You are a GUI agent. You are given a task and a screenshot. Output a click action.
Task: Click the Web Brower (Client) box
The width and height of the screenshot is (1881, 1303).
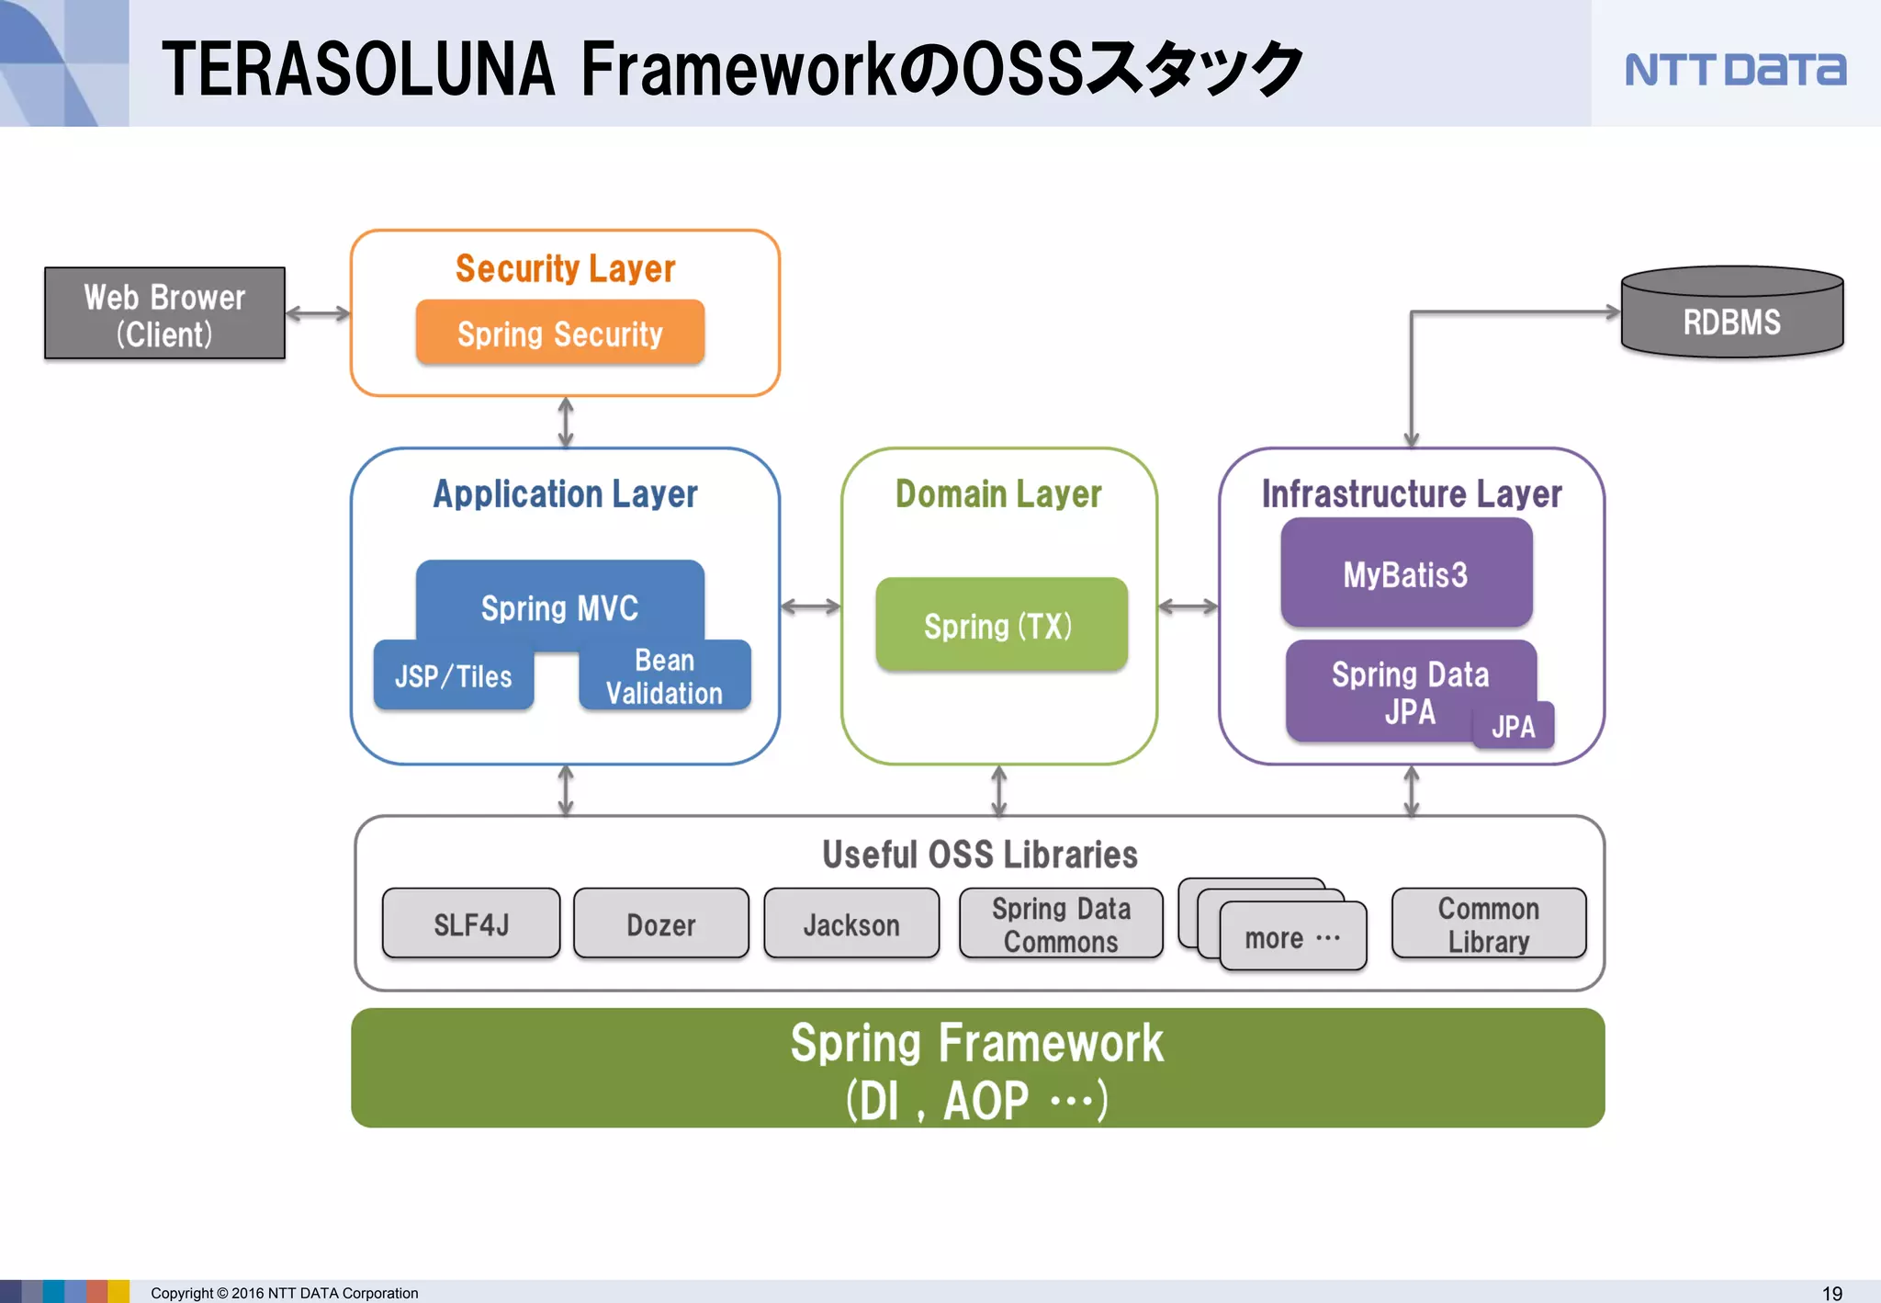(164, 313)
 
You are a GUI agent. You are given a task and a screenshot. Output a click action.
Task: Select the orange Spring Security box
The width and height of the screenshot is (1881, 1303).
(560, 333)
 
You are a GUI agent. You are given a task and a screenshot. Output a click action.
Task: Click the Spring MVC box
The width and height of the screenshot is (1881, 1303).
(560, 602)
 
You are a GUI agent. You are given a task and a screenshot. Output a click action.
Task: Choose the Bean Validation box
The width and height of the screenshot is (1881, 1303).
(665, 677)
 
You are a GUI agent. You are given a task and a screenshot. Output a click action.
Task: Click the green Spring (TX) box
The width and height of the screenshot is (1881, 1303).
(1000, 625)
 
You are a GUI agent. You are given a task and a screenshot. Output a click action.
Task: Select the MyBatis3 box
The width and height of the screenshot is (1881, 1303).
(1406, 573)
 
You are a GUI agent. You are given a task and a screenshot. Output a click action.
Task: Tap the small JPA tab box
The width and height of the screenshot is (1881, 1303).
(1514, 727)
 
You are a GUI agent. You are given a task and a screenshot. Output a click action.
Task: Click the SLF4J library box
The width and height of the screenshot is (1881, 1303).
(471, 923)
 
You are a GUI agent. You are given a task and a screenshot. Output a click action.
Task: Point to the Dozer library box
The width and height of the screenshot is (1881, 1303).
(661, 923)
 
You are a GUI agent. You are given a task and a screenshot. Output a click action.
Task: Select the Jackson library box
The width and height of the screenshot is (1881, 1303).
(851, 923)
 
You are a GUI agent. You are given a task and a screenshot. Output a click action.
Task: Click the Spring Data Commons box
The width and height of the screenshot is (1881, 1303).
(1061, 923)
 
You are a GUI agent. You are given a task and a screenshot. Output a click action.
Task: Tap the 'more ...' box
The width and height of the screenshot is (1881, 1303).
(1292, 938)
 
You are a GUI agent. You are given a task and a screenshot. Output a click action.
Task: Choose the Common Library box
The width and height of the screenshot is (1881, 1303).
(1489, 923)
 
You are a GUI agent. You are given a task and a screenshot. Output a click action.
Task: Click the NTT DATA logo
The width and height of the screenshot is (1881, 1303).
(1735, 70)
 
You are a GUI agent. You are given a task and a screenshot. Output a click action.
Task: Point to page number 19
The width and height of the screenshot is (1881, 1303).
(1831, 1293)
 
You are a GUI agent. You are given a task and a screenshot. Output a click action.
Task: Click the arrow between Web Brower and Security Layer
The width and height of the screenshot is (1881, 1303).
(318, 313)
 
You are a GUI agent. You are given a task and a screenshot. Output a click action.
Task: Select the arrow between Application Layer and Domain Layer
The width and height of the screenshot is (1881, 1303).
(810, 606)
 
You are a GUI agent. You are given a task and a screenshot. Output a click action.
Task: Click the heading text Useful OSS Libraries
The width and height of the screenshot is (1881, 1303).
(979, 855)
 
